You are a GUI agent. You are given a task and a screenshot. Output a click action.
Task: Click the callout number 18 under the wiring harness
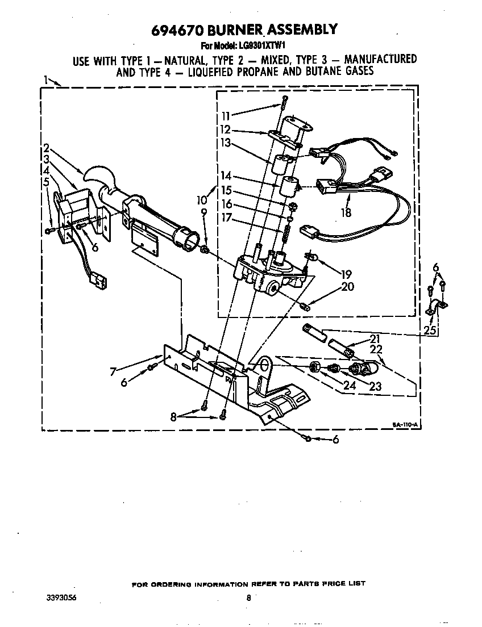click(346, 213)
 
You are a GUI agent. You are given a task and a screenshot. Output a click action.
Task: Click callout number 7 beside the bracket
click(114, 372)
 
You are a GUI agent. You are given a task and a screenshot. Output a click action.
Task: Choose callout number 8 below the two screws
click(174, 416)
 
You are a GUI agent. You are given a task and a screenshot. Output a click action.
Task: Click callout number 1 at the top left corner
click(45, 80)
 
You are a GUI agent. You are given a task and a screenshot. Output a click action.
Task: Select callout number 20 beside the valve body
click(347, 287)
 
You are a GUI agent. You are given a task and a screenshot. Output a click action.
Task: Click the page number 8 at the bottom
click(248, 597)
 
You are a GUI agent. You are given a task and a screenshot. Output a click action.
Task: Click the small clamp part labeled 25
click(436, 307)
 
